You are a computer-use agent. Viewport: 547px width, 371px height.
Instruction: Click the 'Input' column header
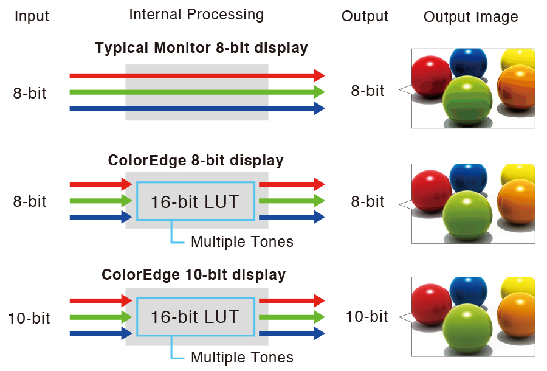coord(32,16)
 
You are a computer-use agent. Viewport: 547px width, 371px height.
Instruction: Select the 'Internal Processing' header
coord(196,15)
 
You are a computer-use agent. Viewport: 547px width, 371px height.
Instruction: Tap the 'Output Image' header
coord(470,17)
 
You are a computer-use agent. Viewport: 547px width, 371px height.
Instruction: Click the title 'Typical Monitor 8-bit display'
coord(201,47)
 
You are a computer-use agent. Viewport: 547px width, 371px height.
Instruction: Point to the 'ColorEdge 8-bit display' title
coord(196,161)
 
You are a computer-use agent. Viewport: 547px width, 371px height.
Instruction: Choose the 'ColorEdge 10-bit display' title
coord(193,274)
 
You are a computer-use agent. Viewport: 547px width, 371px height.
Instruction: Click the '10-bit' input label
coord(29,318)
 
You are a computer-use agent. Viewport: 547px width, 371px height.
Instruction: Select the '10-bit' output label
coord(366,316)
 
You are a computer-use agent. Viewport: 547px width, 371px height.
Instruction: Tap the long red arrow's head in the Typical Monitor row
coord(319,75)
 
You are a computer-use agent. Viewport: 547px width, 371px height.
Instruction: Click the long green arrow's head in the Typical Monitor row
coord(319,92)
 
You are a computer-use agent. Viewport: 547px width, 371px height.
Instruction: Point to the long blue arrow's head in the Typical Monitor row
coord(319,109)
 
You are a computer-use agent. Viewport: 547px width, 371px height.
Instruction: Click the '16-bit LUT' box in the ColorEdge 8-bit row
coord(195,201)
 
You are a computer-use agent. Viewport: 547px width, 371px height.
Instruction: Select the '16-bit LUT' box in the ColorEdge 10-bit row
coord(195,317)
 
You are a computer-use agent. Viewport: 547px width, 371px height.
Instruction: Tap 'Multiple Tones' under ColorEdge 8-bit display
coord(242,242)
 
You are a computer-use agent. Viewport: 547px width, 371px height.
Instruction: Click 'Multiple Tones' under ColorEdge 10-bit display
coord(242,357)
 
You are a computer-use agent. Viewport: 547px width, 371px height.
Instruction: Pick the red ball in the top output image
coord(431,76)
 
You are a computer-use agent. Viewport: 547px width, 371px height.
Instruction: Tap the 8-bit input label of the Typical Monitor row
coord(30,93)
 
